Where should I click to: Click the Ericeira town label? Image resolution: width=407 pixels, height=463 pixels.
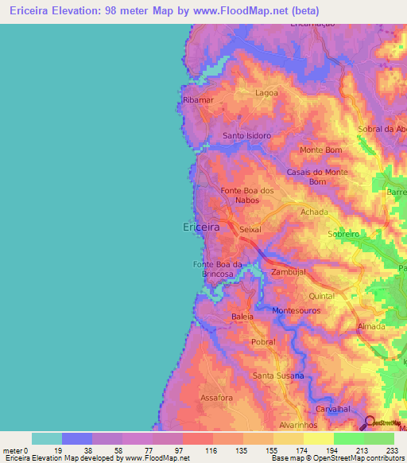click(x=200, y=228)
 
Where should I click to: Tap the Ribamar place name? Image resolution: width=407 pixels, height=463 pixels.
click(x=198, y=100)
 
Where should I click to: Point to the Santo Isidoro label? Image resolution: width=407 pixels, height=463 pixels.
click(x=246, y=135)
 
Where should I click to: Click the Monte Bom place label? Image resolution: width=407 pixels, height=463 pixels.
click(x=321, y=150)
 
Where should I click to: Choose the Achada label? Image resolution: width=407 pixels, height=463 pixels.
click(x=314, y=212)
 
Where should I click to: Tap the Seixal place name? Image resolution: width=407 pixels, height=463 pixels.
click(x=250, y=229)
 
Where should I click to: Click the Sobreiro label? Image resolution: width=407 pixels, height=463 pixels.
click(x=345, y=235)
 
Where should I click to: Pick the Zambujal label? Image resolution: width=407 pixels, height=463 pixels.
click(x=288, y=272)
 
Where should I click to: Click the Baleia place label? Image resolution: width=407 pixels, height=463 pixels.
click(x=242, y=317)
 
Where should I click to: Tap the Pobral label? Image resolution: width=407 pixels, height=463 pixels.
click(x=262, y=342)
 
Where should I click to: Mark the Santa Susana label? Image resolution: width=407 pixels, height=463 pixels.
click(x=278, y=375)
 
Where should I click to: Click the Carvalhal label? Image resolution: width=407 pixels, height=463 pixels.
click(x=333, y=408)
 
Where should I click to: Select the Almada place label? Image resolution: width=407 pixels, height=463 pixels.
click(x=371, y=327)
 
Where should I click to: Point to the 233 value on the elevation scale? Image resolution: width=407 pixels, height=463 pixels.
click(x=393, y=449)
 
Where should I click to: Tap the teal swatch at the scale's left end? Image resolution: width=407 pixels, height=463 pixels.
click(x=47, y=438)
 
